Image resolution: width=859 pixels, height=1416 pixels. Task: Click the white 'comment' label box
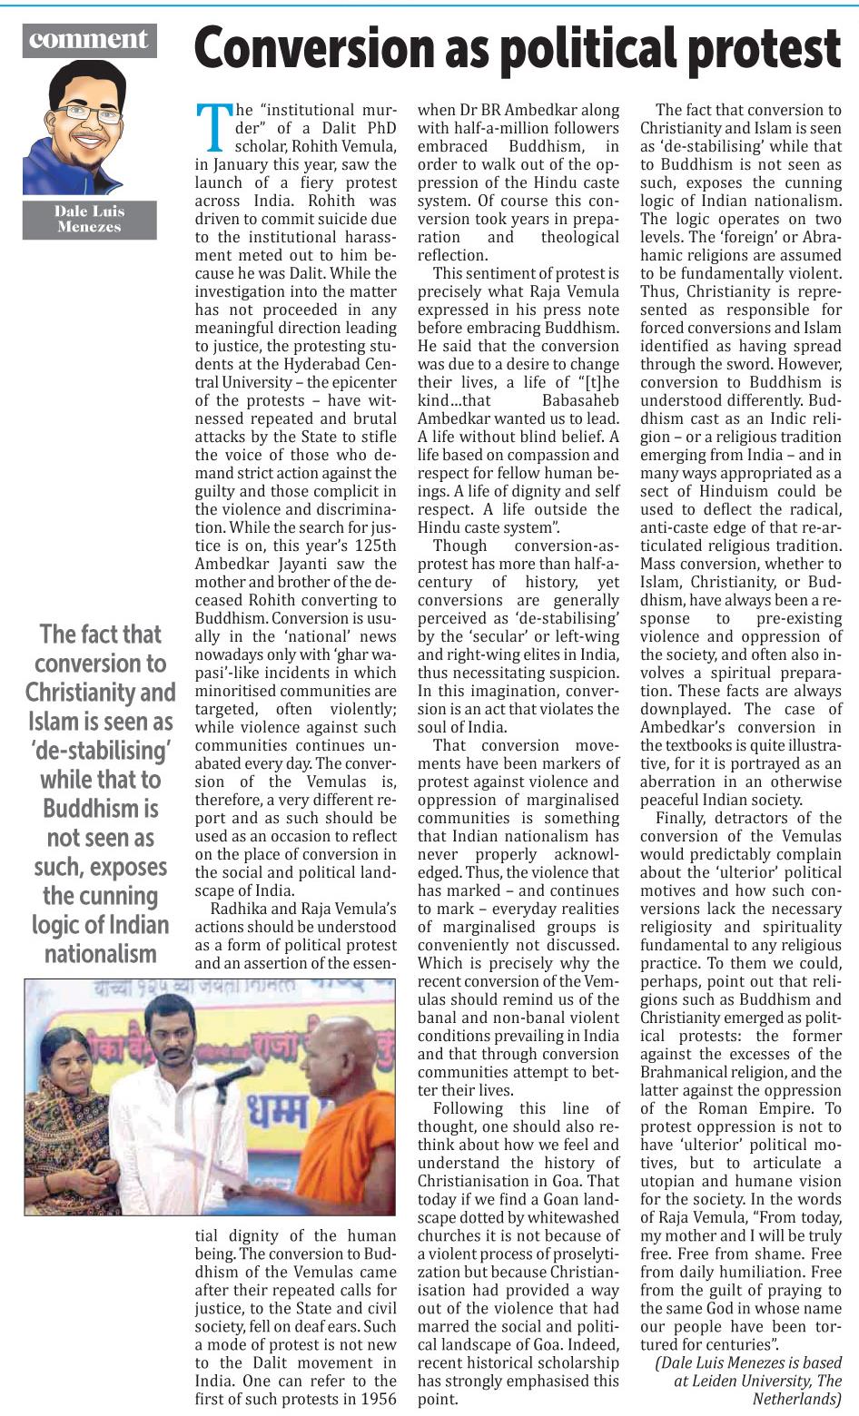88,40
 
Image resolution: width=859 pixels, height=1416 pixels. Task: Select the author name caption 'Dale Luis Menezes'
89,220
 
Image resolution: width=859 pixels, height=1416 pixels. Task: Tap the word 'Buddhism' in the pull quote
100,809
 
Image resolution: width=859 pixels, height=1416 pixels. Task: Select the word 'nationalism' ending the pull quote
100,954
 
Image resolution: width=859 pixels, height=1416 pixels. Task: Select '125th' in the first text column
374,546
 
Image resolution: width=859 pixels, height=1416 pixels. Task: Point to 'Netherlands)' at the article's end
796,1399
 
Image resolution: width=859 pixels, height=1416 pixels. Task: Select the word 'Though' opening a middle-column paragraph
460,546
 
